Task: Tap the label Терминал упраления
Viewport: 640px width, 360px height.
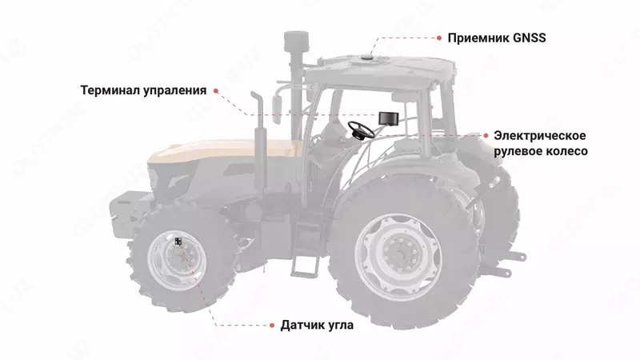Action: (x=144, y=90)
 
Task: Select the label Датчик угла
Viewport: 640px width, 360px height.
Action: (x=317, y=326)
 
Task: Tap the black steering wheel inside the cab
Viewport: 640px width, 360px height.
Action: (x=361, y=130)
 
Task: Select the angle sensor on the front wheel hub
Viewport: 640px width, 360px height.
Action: (x=178, y=242)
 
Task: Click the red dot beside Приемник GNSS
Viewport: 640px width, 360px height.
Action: (x=438, y=37)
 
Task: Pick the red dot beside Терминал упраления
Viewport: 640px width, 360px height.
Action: (x=214, y=90)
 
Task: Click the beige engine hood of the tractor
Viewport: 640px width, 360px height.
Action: (x=216, y=152)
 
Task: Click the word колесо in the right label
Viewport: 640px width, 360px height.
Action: (x=566, y=151)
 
